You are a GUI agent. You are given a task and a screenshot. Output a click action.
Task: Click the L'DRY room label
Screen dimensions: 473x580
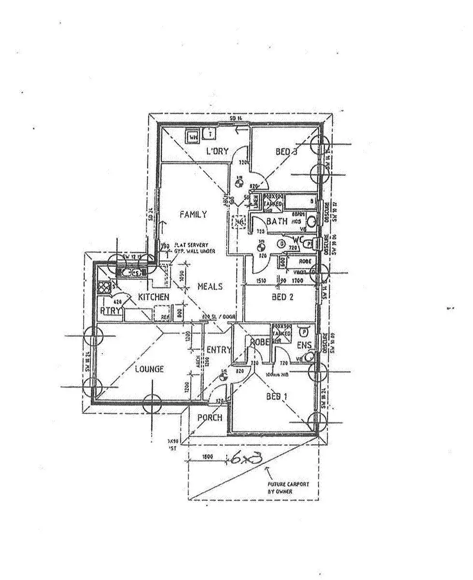217,151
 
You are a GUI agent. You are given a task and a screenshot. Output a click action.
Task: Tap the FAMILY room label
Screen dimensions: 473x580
193,214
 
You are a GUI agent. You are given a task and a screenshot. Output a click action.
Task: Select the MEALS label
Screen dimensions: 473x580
210,286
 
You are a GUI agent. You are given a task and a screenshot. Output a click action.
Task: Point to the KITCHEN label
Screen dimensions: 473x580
154,296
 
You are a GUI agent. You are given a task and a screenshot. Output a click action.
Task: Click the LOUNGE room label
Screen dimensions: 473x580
149,369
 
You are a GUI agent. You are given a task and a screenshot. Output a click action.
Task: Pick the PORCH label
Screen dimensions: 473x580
210,417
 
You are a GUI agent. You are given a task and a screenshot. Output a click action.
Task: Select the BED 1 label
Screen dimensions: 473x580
277,397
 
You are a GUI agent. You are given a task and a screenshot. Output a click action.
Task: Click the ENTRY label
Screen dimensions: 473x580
218,350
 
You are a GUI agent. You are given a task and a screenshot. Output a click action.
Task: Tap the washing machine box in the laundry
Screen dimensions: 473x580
193,137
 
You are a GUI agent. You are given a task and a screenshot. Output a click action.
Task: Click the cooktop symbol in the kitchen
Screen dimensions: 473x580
105,288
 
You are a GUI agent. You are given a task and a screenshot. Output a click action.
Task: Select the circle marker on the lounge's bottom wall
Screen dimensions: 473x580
153,402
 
